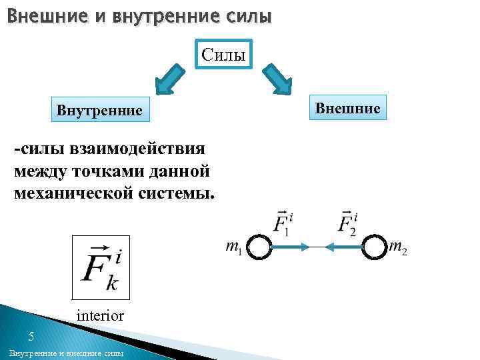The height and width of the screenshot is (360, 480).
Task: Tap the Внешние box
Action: pyautogui.click(x=347, y=107)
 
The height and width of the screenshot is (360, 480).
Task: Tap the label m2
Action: pyautogui.click(x=397, y=249)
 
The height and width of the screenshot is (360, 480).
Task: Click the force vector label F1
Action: pyautogui.click(x=283, y=222)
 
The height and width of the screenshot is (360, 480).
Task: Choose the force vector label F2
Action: pyautogui.click(x=347, y=222)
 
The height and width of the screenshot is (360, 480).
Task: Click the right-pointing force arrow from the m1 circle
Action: pyautogui.click(x=291, y=247)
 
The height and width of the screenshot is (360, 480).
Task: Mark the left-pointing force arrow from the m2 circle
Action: pyautogui.click(x=344, y=247)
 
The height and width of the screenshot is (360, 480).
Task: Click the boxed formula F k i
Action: pyautogui.click(x=100, y=267)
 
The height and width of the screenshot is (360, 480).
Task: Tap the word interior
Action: pyautogui.click(x=100, y=315)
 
